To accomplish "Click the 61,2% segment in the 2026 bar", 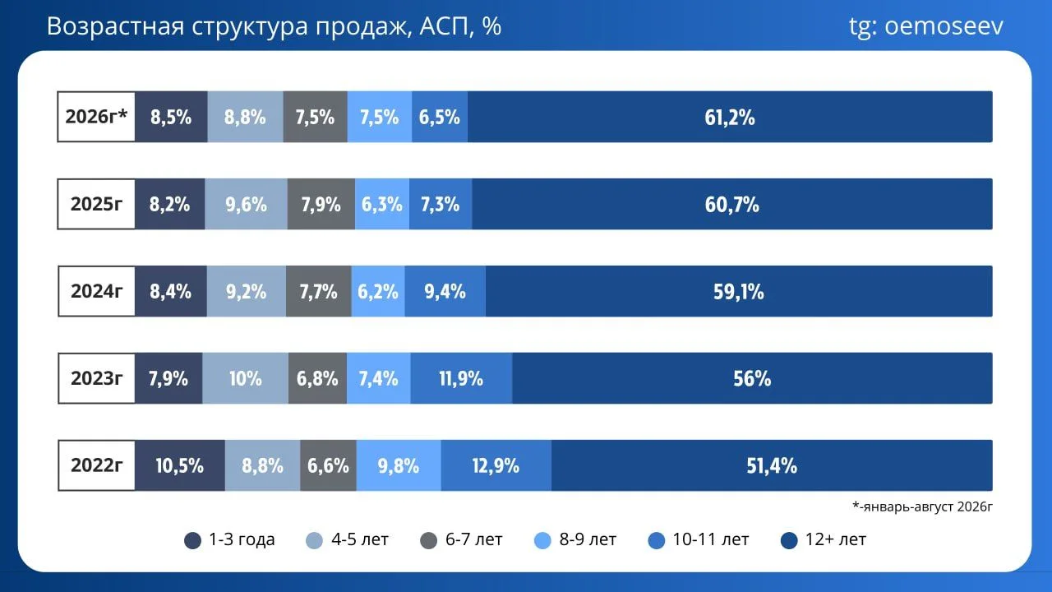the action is tap(730, 117).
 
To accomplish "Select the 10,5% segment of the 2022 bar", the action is tap(180, 465).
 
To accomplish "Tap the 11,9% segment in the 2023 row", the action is tap(461, 378).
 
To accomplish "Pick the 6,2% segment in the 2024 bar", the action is tap(378, 291).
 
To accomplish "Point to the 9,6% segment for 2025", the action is tap(246, 204).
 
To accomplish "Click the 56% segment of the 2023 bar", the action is tap(752, 378).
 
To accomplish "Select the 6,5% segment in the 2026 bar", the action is tap(440, 117).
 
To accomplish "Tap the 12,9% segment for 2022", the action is tap(496, 465).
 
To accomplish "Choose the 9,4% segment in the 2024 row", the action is tap(445, 291).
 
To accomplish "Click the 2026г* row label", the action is tap(96, 117).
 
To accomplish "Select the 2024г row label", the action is tap(96, 291).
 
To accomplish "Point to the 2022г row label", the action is tap(96, 465).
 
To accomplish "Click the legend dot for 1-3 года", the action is tap(192, 540).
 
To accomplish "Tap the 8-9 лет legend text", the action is tap(588, 539).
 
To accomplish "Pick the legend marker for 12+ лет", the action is tap(789, 540).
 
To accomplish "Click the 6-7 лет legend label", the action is tap(474, 539).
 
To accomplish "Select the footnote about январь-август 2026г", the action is tap(922, 506).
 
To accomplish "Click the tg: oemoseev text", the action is tap(925, 26).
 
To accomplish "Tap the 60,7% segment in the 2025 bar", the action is tap(732, 204).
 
